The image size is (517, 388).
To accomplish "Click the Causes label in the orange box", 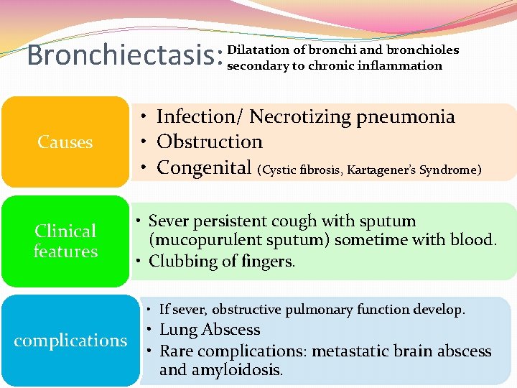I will pyautogui.click(x=65, y=142).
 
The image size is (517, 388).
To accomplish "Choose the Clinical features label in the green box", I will pyautogui.click(x=65, y=241).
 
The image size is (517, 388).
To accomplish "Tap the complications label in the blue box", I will pyautogui.click(x=70, y=340).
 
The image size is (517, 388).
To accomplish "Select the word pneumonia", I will pyautogui.click(x=416, y=116).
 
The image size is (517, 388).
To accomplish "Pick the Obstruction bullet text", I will pyautogui.click(x=210, y=142).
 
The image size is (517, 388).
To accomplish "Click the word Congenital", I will pyautogui.click(x=205, y=167).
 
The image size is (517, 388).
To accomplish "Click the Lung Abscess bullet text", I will pyautogui.click(x=210, y=330).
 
